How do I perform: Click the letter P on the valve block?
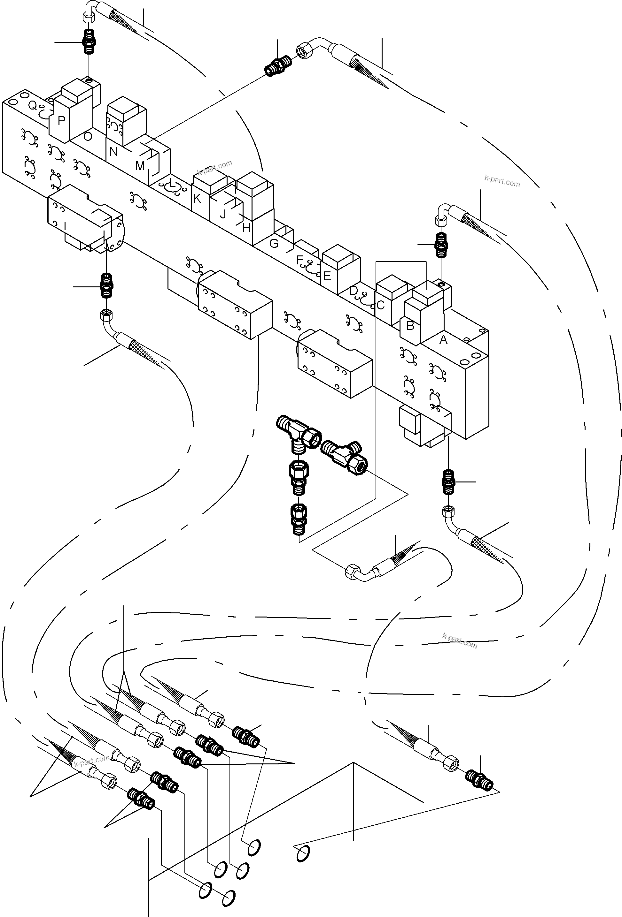61,121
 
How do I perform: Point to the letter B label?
410,326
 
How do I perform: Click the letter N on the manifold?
113,152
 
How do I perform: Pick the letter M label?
140,166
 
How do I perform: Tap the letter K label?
197,199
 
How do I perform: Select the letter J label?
223,214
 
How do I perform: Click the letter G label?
274,243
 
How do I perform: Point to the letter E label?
327,276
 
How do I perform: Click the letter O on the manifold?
88,137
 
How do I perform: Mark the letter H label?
246,228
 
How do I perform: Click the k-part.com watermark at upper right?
502,181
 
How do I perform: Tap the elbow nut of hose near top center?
305,50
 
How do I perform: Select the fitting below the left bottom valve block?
107,286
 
